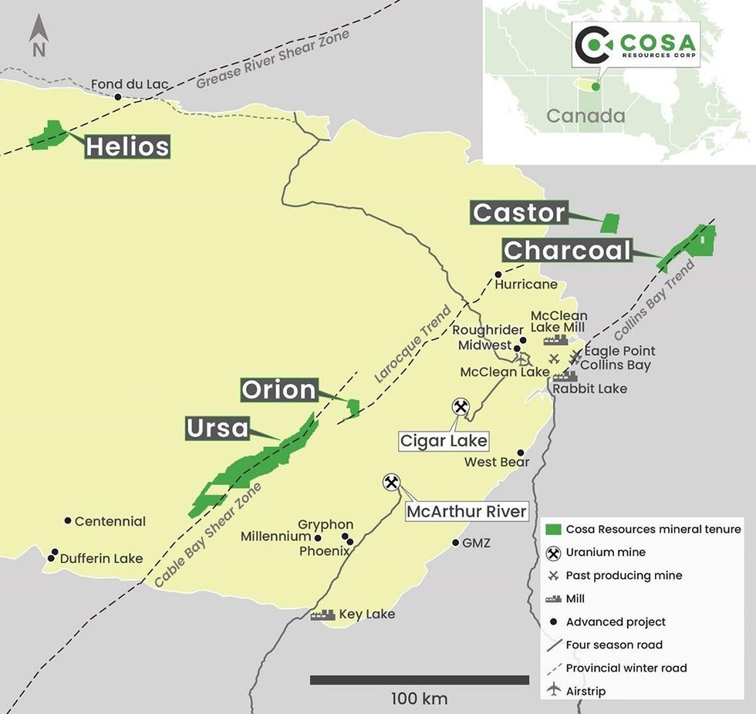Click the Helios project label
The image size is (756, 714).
(127, 147)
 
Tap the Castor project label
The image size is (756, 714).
(519, 213)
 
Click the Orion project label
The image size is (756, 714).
(278, 390)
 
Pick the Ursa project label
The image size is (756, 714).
(218, 428)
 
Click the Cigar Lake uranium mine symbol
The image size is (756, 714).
(461, 406)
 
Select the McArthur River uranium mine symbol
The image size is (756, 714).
(392, 483)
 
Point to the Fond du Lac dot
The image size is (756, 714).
(118, 97)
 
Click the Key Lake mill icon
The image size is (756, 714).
(322, 615)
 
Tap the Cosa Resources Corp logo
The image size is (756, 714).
(636, 44)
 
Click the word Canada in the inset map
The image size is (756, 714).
(586, 116)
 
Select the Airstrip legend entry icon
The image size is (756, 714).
(553, 691)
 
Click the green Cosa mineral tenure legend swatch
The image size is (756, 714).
(553, 530)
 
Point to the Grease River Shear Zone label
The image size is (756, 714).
(272, 60)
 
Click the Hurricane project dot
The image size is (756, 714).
(498, 274)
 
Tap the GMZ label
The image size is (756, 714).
(476, 543)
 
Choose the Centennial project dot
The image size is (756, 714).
(68, 521)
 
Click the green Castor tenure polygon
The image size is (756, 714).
(611, 223)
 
